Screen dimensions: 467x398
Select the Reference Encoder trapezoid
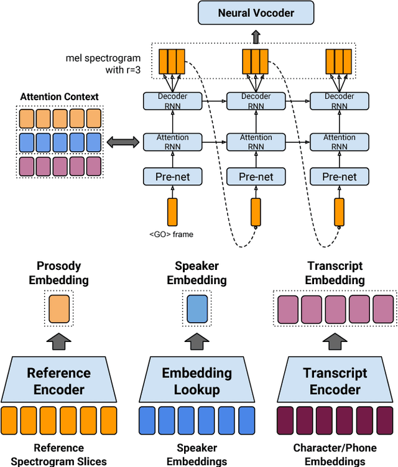coord(58,381)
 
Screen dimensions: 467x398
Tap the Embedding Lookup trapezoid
coord(197,381)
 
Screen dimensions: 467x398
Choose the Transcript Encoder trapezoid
coord(335,381)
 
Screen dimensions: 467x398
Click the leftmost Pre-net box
coord(173,177)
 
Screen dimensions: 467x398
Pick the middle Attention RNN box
coord(256,142)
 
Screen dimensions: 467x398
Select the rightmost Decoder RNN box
coord(339,101)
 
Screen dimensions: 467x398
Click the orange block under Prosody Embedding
coord(59,308)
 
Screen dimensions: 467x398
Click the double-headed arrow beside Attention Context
coord(123,142)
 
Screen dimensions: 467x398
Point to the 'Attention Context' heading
coord(59,96)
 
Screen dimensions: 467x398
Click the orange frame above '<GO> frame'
coord(172,211)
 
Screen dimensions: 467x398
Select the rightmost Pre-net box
coord(339,177)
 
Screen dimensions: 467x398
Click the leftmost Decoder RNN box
coord(173,101)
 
